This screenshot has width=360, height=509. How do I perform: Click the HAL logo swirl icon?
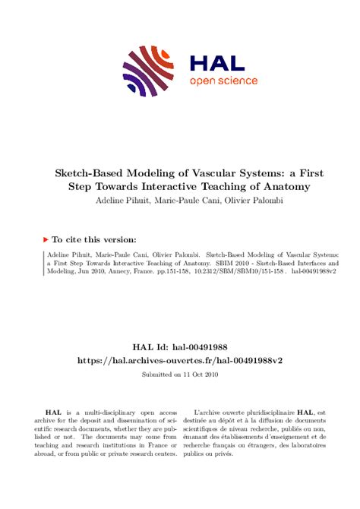tap(147, 71)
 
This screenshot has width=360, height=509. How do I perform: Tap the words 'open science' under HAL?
tap(223, 81)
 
